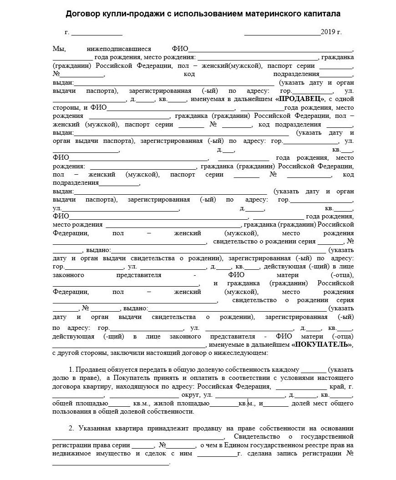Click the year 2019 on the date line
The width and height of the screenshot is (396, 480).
(327, 32)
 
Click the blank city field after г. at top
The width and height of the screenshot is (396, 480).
(96, 33)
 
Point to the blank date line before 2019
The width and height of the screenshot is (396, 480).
(282, 33)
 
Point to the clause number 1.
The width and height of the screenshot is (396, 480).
(71, 369)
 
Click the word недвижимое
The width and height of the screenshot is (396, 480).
(74, 453)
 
